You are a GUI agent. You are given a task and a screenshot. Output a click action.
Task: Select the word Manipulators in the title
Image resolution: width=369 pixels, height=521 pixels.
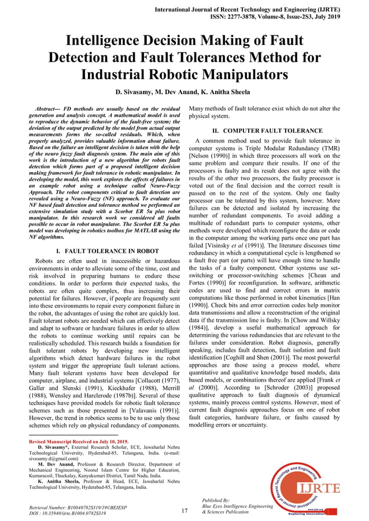tap(240, 75)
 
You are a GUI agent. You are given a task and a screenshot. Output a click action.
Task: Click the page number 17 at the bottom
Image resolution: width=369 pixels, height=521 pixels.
tap(184, 511)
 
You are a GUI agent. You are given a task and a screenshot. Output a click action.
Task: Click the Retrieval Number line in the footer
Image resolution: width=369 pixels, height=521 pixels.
tap(78, 506)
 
